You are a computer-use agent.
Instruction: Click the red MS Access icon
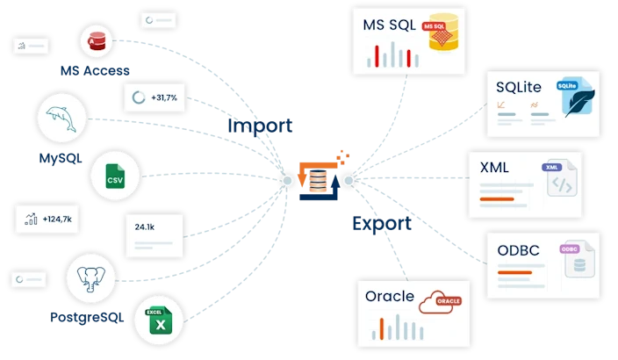click(94, 40)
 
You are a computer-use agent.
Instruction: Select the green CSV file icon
click(115, 178)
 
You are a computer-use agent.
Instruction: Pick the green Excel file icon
click(158, 320)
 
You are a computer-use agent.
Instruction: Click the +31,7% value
click(164, 98)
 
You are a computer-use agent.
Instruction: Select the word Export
click(382, 223)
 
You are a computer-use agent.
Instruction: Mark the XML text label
click(495, 167)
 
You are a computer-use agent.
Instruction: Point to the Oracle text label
click(389, 296)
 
